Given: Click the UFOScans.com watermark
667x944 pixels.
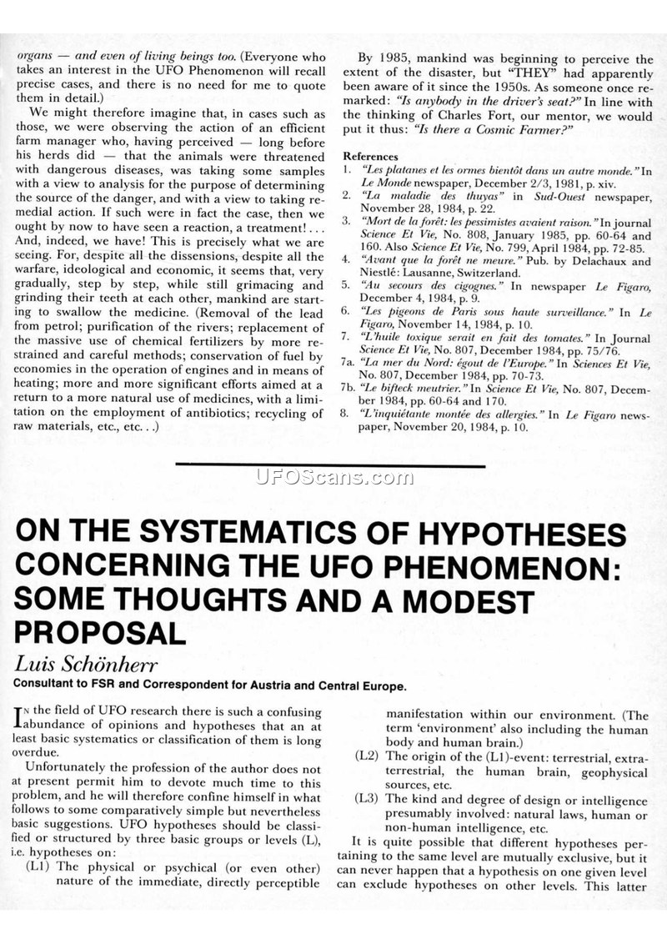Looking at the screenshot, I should coord(333,478).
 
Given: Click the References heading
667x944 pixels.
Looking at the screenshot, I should coord(372,156).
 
